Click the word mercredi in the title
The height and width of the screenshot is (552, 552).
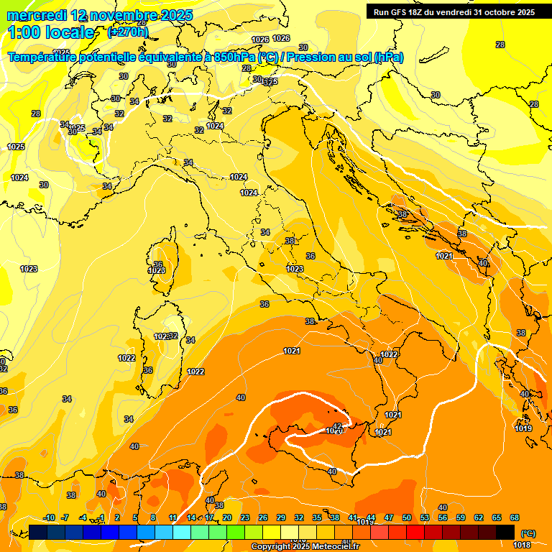tap(36, 14)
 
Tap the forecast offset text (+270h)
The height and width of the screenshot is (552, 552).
tap(127, 32)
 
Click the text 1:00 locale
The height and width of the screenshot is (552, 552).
tap(51, 32)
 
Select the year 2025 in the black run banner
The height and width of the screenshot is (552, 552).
tap(519, 12)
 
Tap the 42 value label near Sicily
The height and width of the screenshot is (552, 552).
tap(337, 426)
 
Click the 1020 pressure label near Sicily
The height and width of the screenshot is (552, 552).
tap(333, 431)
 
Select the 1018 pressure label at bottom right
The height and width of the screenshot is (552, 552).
tap(522, 544)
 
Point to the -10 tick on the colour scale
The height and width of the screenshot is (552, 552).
tap(49, 518)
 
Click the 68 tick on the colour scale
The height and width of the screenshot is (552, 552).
tap(515, 518)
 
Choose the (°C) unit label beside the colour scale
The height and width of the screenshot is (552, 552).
tap(528, 533)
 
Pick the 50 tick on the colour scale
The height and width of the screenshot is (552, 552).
tap(407, 518)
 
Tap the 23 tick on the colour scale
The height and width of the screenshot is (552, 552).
tap(244, 518)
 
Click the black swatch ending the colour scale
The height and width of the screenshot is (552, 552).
tap(505, 532)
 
